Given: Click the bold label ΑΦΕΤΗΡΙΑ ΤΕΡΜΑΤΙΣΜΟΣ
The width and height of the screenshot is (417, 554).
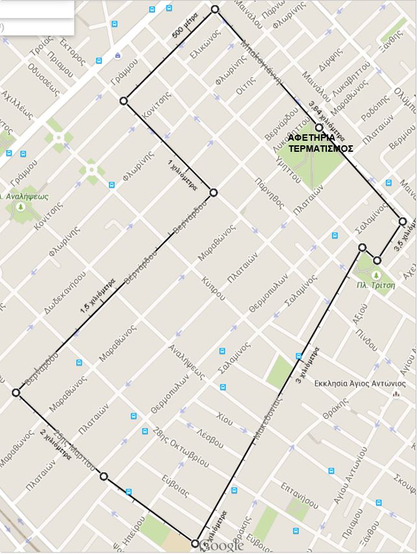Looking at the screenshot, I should point(320,143).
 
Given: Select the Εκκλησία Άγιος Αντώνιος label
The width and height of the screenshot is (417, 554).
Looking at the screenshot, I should point(351,383).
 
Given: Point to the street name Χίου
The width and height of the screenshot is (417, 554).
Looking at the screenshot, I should point(224,416).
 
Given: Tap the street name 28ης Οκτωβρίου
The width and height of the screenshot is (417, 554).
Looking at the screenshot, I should point(182,446).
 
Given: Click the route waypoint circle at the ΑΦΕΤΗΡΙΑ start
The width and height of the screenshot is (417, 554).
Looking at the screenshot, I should point(318,128).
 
